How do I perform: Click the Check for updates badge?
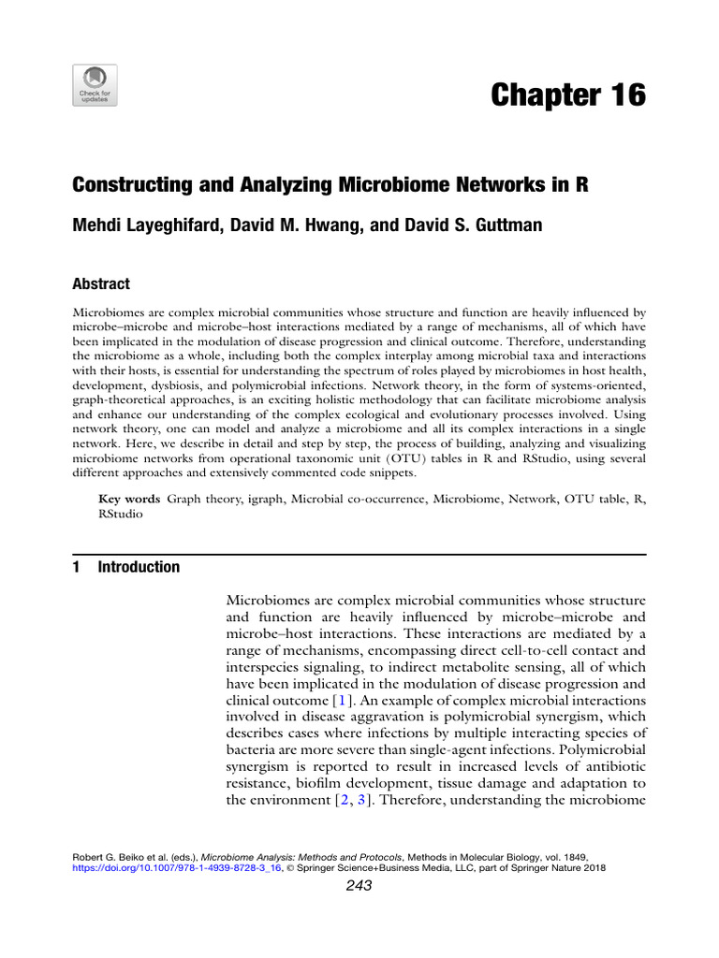tap(95, 85)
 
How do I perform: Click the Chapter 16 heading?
tap(568, 94)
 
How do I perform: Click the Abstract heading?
tap(101, 284)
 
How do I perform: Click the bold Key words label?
tap(129, 500)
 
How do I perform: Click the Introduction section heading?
tap(139, 567)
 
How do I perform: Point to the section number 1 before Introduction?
tap(77, 567)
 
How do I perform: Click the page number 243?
tap(359, 886)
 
